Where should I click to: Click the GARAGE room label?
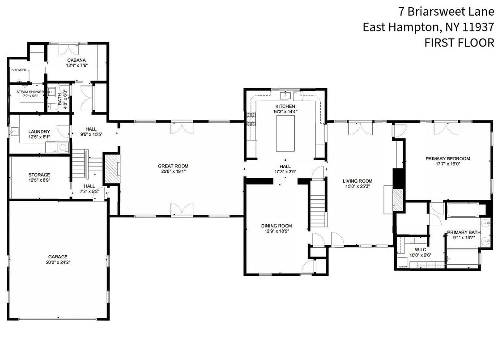(x=58, y=257)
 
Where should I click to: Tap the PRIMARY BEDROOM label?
(x=447, y=159)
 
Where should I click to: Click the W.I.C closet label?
(x=420, y=249)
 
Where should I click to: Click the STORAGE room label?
(x=39, y=175)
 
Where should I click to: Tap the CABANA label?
(x=77, y=60)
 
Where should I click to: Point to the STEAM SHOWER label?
(x=30, y=92)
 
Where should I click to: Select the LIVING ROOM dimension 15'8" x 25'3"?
(x=358, y=187)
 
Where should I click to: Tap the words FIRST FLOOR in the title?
(x=459, y=43)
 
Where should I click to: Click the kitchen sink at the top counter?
(x=285, y=94)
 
